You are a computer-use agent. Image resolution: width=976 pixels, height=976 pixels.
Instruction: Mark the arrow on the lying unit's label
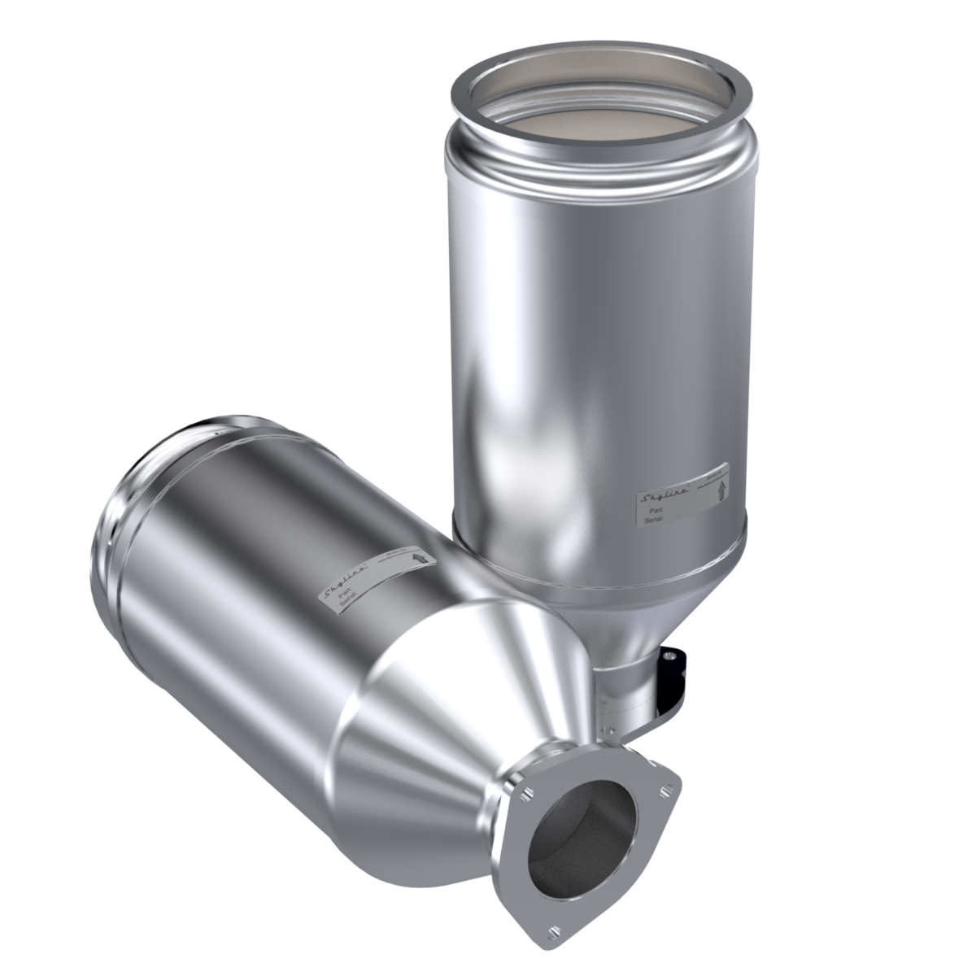pyautogui.click(x=420, y=558)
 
